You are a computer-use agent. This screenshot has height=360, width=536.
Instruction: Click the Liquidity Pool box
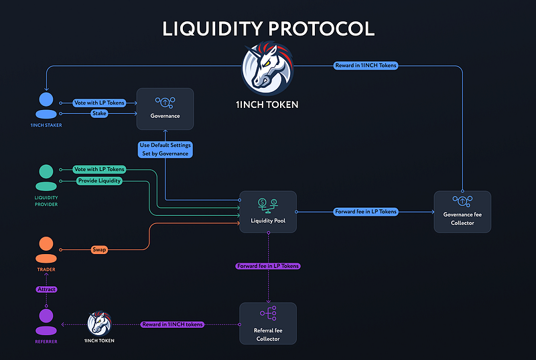pos(268,212)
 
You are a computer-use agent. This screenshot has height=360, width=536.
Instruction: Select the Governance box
pos(165,109)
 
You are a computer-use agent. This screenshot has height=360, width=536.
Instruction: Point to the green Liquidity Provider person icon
pos(46,179)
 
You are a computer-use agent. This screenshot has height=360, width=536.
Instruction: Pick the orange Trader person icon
pos(46,250)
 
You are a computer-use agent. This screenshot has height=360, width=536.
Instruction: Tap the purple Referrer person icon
pos(46,322)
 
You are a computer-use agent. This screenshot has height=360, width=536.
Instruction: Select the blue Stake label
pos(99,114)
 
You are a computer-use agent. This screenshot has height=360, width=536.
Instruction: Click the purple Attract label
pos(46,289)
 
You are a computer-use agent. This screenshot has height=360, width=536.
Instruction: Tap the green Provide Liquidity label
pos(98,181)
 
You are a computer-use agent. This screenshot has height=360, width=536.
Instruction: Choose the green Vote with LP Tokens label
pos(98,170)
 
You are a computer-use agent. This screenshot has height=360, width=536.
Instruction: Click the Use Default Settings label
pos(165,149)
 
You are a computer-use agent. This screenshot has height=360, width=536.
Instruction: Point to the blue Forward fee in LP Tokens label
pos(365,212)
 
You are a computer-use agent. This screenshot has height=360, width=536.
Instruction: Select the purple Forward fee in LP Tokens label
pos(268,266)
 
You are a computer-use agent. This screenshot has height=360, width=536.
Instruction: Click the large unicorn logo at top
pos(268,68)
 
